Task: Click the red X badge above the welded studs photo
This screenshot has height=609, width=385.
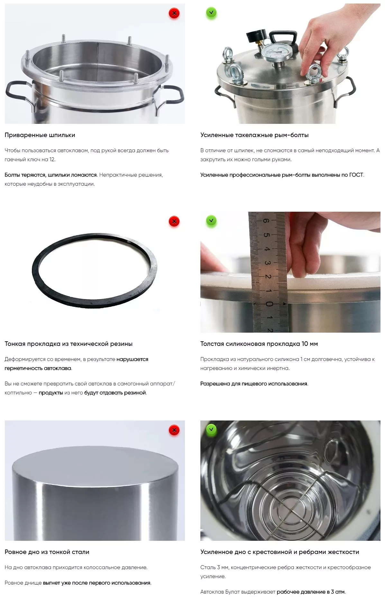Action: pyautogui.click(x=174, y=14)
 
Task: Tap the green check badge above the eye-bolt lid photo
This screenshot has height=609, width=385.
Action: pyautogui.click(x=211, y=13)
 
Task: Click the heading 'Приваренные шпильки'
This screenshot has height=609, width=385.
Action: pyautogui.click(x=40, y=135)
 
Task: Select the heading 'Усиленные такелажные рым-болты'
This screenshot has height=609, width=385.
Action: pyautogui.click(x=254, y=135)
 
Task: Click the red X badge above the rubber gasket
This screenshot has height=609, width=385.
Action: pyautogui.click(x=174, y=222)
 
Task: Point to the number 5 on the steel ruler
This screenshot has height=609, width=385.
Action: pyautogui.click(x=266, y=235)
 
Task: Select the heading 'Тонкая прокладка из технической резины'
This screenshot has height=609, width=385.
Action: pyautogui.click(x=69, y=344)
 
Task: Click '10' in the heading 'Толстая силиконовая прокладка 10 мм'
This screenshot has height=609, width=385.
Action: pyautogui.click(x=305, y=344)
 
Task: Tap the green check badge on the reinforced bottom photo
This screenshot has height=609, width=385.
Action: pyautogui.click(x=211, y=429)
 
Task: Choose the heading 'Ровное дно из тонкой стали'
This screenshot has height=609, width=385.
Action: pyautogui.click(x=47, y=552)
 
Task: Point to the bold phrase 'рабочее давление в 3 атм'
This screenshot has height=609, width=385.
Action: pyautogui.click(x=311, y=592)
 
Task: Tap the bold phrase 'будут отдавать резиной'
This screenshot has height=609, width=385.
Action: pyautogui.click(x=115, y=393)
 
